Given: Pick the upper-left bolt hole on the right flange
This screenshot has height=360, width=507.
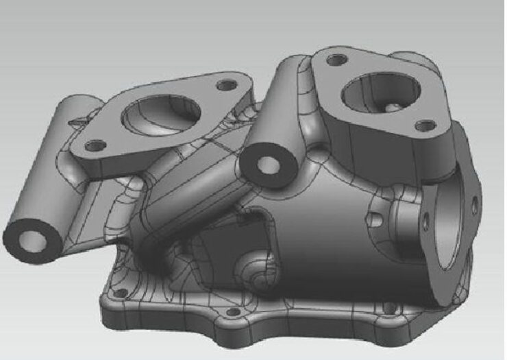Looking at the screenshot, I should coord(336,60).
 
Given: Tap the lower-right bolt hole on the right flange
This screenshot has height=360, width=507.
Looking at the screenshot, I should coord(426,125).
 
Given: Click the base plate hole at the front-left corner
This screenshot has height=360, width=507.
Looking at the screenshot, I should coord(120,295).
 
